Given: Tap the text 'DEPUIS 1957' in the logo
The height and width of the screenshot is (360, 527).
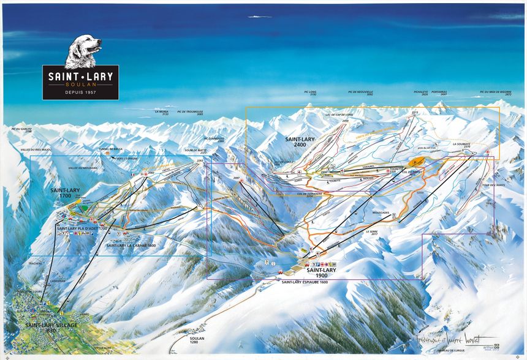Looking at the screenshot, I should click(80, 92).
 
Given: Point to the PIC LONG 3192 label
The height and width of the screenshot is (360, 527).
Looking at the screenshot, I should click(311, 94).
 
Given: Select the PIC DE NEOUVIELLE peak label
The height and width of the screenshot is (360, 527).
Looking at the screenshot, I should click(360, 94).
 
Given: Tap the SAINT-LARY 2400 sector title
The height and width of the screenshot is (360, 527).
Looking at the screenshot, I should click(300, 141).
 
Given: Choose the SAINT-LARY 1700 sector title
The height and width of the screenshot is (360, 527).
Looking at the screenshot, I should click(66, 193).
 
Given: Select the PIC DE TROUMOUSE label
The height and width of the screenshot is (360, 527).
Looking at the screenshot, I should click(190, 113).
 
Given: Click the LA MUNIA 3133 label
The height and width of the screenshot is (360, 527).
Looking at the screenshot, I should click(161, 113).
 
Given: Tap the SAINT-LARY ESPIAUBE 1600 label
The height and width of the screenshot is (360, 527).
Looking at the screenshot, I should click(305, 282).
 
